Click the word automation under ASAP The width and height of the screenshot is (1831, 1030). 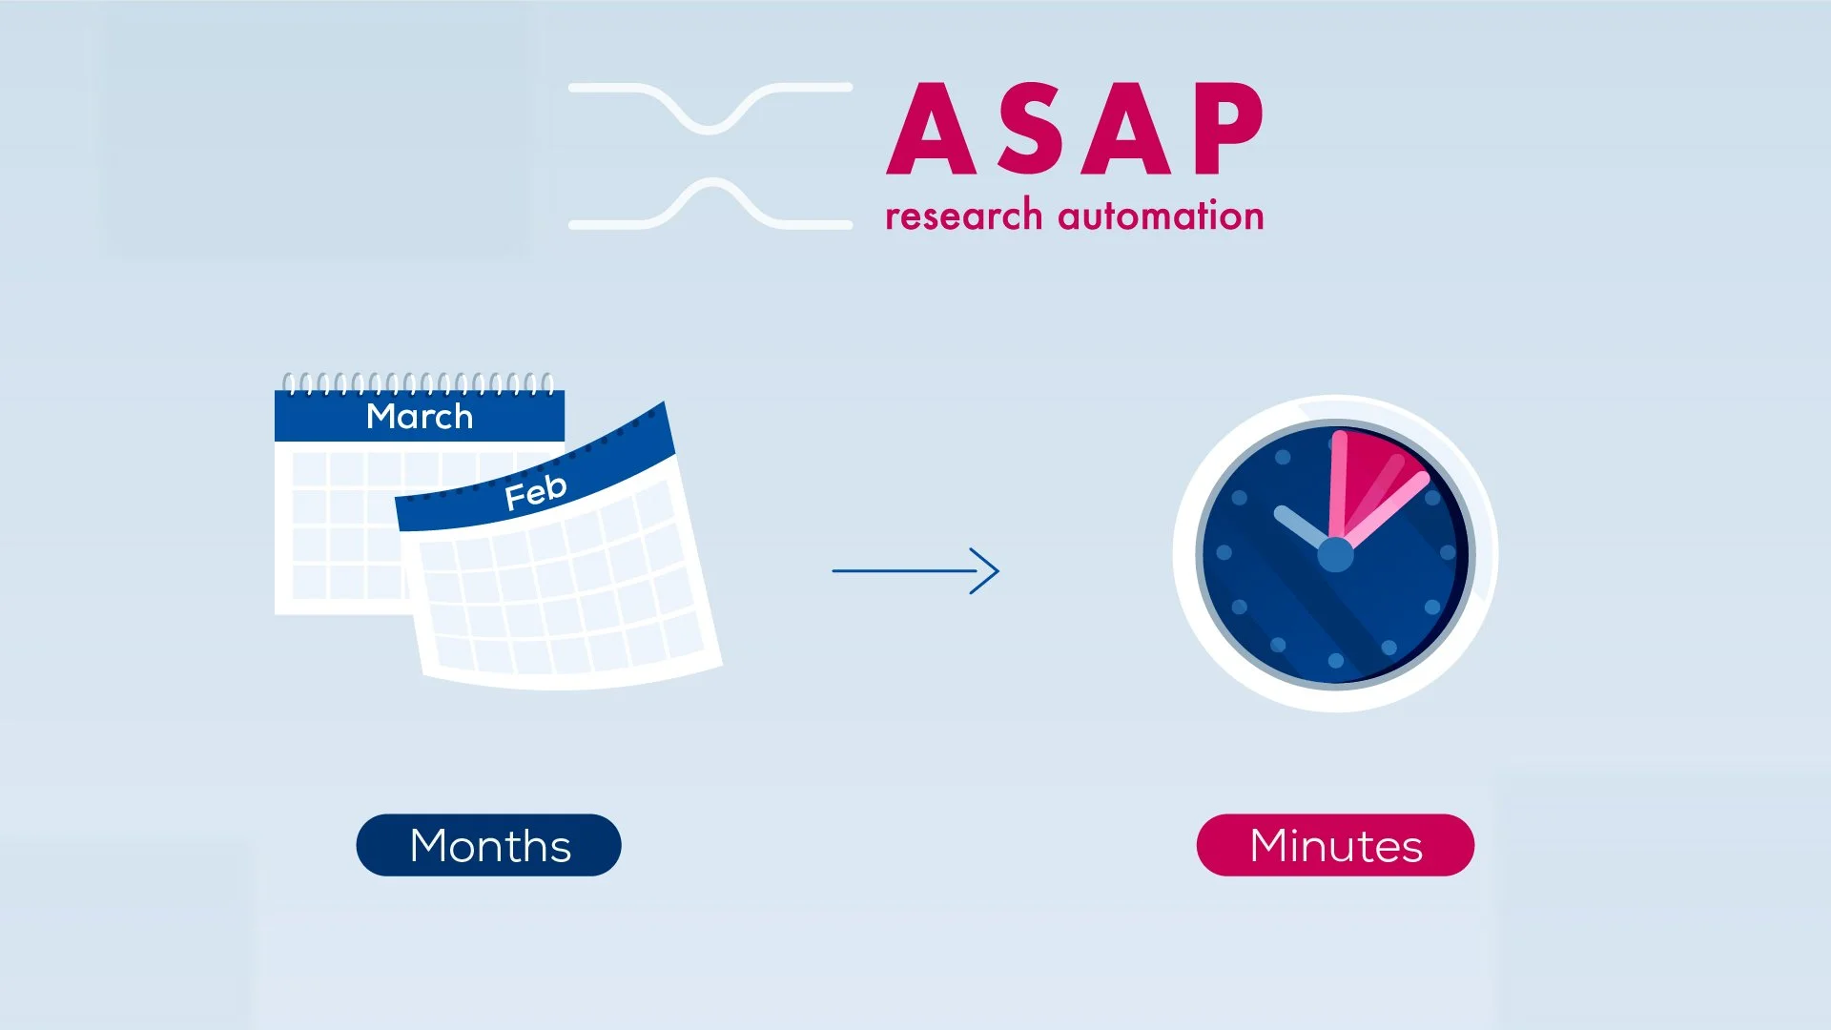[1161, 216]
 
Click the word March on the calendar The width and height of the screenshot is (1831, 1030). [420, 417]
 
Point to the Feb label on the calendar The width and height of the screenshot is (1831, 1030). [535, 492]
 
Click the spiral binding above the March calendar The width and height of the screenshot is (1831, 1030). [418, 383]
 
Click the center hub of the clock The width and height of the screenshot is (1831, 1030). [1335, 555]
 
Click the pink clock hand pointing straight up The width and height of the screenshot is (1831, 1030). [1338, 482]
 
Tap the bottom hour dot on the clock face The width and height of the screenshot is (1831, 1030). [1335, 660]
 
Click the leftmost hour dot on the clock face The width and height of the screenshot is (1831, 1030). [1224, 552]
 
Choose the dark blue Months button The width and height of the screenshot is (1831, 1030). [488, 845]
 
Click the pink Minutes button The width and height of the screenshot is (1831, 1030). [1335, 845]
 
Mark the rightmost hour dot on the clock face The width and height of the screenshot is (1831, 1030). [1448, 552]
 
